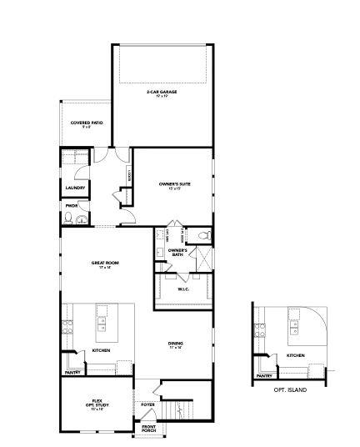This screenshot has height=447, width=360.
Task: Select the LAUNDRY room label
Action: [75, 188]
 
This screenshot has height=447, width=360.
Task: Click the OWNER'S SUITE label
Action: [175, 183]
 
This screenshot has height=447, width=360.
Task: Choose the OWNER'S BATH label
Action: [177, 252]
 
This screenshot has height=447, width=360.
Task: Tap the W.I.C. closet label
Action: [184, 289]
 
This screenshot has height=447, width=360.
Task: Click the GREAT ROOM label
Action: [106, 264]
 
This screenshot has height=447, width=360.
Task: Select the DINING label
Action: [176, 344]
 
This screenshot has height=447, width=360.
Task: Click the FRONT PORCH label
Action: [148, 429]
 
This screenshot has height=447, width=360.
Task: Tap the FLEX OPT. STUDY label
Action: [97, 405]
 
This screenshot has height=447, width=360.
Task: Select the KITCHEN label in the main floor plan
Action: [101, 350]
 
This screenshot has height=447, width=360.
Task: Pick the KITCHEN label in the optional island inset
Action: [296, 356]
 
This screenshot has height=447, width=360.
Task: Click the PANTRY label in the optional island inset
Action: [264, 376]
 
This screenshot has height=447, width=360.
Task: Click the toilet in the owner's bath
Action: [202, 236]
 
